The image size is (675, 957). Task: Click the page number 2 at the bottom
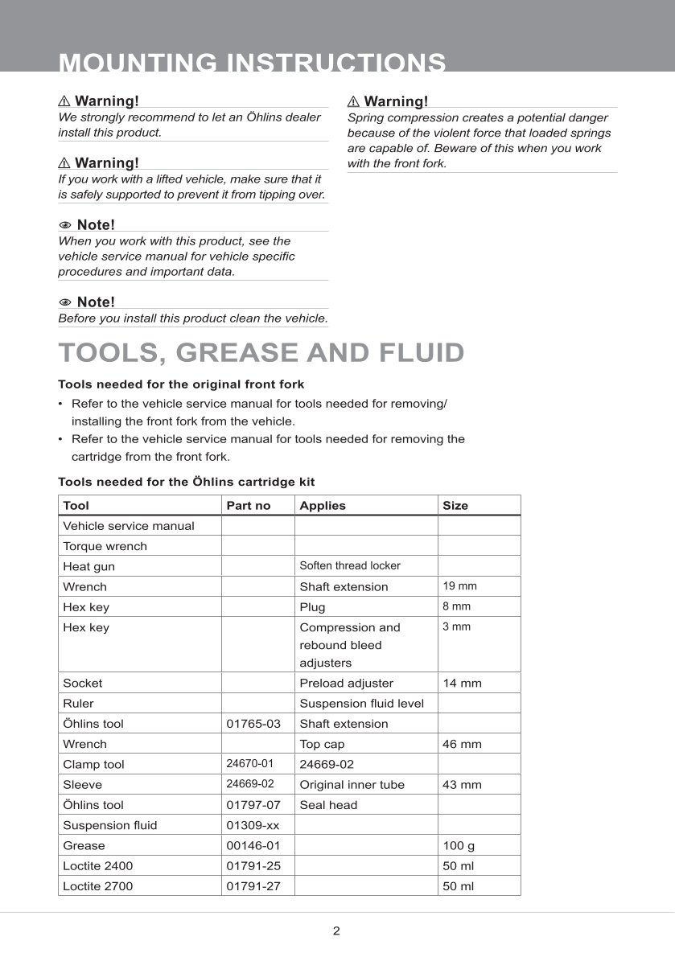[336, 931]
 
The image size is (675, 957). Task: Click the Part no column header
[249, 506]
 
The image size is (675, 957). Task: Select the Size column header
[455, 506]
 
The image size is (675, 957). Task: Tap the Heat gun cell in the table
[88, 567]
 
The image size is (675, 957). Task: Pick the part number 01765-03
[253, 724]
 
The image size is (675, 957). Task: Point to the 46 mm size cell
[462, 744]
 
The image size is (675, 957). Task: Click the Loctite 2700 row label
[97, 886]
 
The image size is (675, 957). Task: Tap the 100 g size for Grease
[459, 845]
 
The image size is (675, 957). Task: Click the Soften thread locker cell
[349, 566]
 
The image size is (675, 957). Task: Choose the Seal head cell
[328, 805]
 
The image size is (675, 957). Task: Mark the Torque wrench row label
[105, 546]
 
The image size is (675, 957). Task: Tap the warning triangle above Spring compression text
[353, 101]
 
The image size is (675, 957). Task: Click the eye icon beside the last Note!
[65, 302]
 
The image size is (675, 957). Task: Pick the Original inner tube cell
[352, 784]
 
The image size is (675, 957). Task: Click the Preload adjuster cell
[346, 683]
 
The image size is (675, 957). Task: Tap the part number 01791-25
[253, 866]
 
